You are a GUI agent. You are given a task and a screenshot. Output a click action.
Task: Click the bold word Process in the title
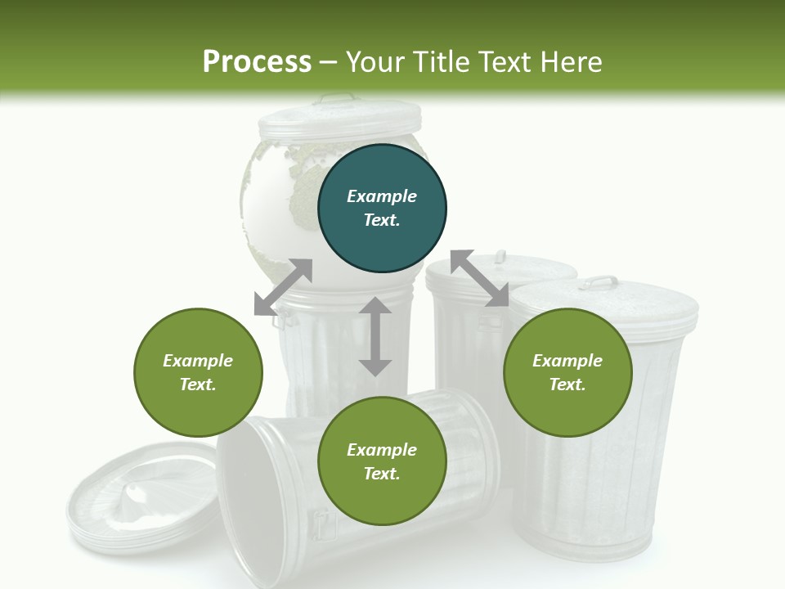(x=257, y=61)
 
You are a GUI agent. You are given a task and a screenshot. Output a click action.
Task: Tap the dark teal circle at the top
(x=382, y=209)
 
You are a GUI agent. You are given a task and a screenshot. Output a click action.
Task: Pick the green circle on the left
(x=198, y=372)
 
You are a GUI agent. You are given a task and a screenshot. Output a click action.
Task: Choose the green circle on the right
(x=567, y=372)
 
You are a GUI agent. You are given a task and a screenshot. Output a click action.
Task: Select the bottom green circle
(x=382, y=461)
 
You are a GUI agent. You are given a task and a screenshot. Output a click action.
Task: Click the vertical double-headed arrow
(x=375, y=336)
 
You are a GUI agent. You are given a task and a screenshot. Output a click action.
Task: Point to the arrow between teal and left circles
(x=283, y=287)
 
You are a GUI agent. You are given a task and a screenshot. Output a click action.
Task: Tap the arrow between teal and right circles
(x=479, y=278)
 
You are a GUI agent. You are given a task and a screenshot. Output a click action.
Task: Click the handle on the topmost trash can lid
(x=338, y=99)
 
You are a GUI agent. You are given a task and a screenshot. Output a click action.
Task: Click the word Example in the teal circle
(x=382, y=196)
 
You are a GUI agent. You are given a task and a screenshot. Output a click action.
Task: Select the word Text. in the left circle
(x=198, y=384)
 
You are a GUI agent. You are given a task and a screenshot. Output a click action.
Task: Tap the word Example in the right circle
(x=567, y=361)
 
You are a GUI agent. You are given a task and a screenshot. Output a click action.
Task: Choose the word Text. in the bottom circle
(x=382, y=474)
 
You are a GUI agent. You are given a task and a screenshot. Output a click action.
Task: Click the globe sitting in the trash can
(x=278, y=196)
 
